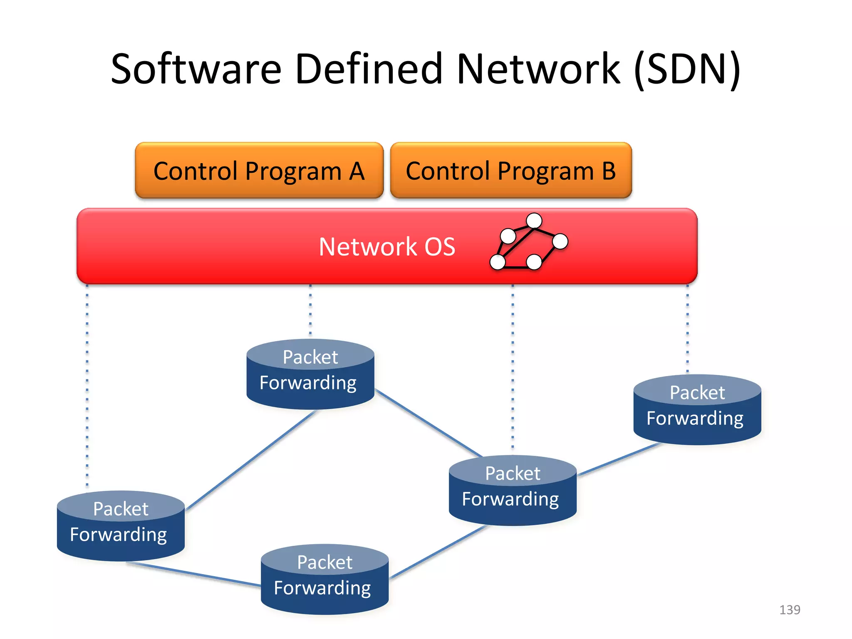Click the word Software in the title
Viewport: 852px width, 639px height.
click(x=196, y=69)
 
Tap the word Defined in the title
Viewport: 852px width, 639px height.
click(x=369, y=69)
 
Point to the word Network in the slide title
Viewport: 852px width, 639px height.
click(x=539, y=69)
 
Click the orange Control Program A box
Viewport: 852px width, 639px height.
click(x=259, y=171)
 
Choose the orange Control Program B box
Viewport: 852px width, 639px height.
click(x=511, y=171)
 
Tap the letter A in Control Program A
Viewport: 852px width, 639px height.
click(x=357, y=171)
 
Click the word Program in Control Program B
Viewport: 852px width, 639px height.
click(x=546, y=171)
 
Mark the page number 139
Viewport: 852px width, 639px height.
click(x=790, y=610)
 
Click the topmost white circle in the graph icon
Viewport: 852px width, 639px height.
click(x=534, y=220)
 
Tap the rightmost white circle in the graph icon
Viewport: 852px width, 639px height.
click(x=560, y=241)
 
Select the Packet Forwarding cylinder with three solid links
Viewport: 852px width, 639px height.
click(x=513, y=491)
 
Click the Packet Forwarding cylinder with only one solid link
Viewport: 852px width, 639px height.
click(x=697, y=410)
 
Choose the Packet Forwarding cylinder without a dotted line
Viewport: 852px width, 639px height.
click(x=324, y=580)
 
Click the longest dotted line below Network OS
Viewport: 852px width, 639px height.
click(x=87, y=387)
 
